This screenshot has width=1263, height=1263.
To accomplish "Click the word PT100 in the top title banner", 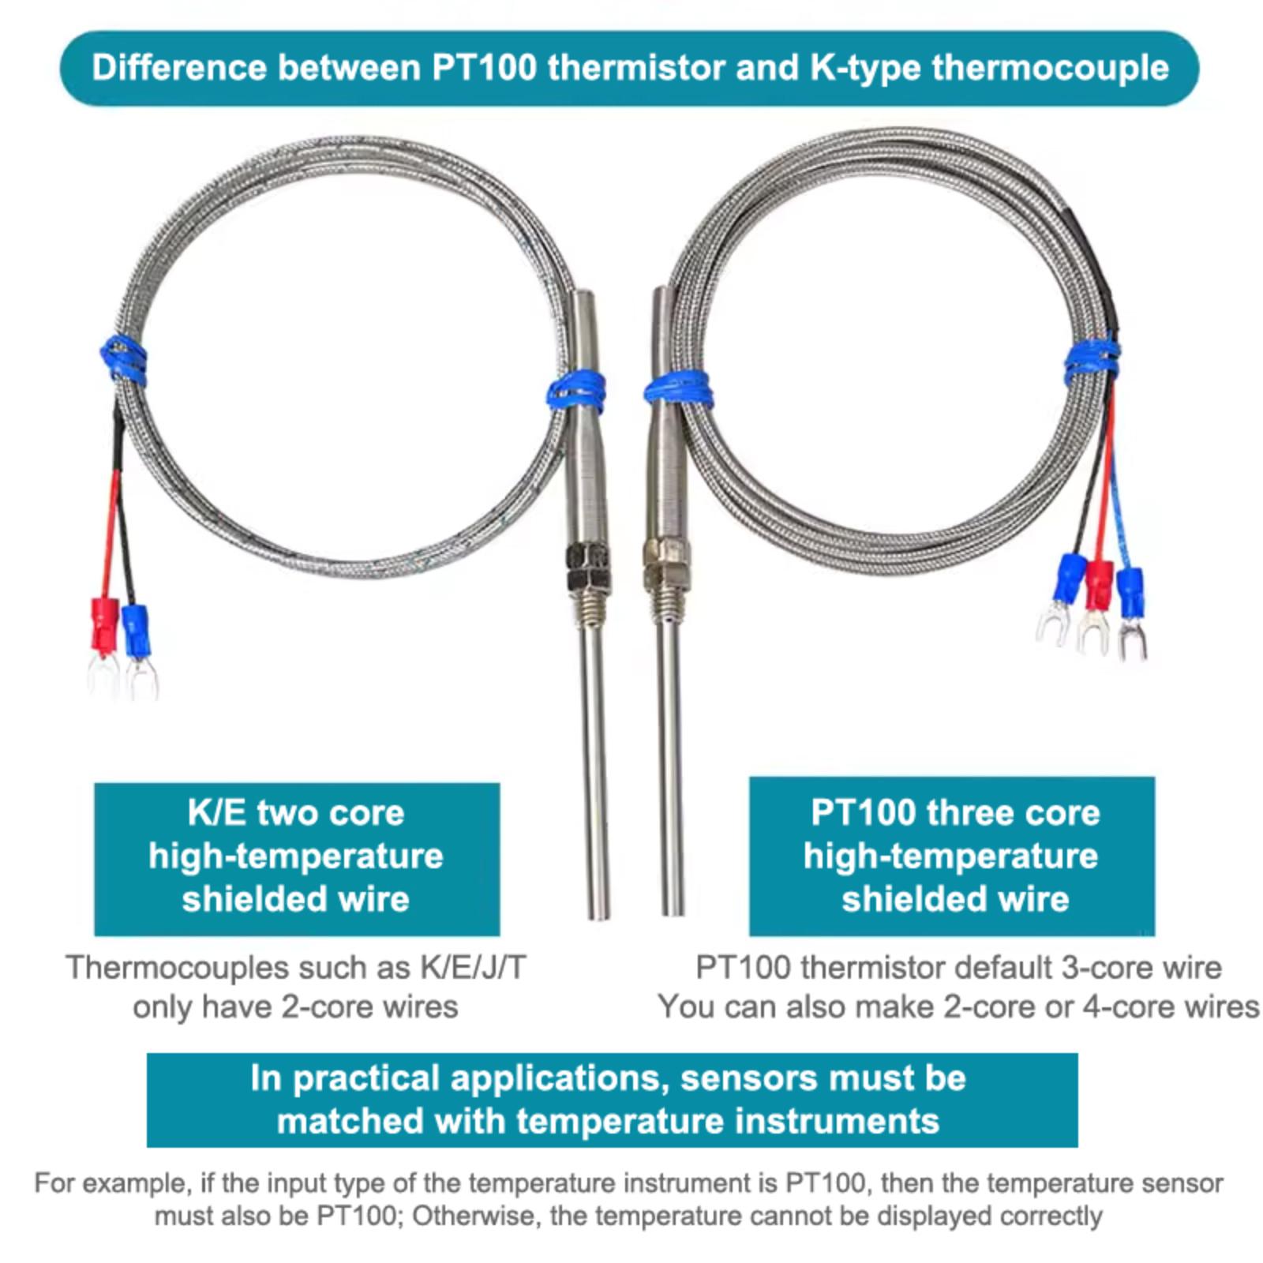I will [x=483, y=68].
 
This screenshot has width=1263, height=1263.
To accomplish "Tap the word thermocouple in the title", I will [x=1050, y=68].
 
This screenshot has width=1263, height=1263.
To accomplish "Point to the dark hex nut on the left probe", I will [x=587, y=567].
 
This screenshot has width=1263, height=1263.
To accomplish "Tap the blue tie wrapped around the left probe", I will [x=577, y=392].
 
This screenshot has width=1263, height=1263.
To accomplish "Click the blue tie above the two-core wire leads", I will [x=124, y=361].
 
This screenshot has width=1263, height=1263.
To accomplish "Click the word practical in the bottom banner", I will [x=365, y=1078].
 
